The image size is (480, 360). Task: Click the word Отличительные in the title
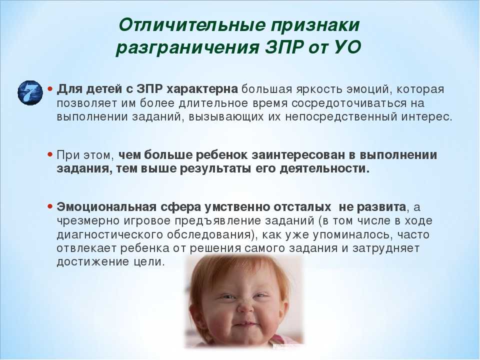(x=192, y=25)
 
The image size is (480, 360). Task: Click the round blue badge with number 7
(x=30, y=93)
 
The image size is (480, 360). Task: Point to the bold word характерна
(x=202, y=89)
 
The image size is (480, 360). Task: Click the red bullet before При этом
(x=50, y=154)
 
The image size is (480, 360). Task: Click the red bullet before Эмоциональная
(x=50, y=206)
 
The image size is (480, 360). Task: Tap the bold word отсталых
(x=302, y=207)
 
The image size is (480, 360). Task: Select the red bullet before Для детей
(x=50, y=88)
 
